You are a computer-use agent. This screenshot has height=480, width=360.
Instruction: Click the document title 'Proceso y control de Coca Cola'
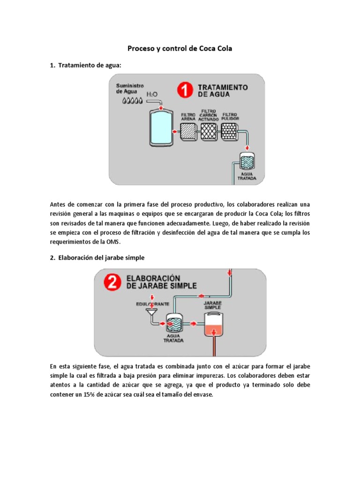click(x=180, y=48)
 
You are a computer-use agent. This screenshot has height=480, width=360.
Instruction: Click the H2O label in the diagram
click(x=153, y=95)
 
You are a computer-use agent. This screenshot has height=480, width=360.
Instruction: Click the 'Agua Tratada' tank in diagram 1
click(x=246, y=162)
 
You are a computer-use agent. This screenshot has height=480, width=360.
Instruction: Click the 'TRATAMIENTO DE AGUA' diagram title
click(x=223, y=90)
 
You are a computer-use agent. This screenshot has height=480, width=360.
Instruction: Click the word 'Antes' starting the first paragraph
click(x=59, y=204)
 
